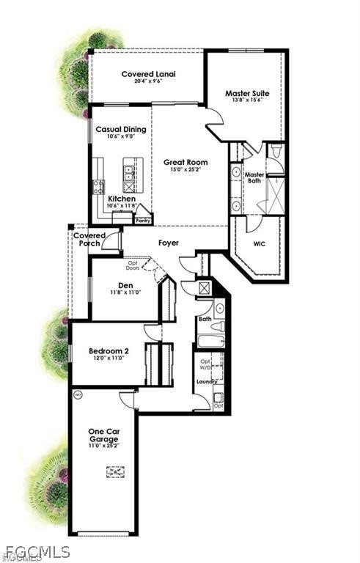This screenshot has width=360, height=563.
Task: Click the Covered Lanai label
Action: (x=146, y=74)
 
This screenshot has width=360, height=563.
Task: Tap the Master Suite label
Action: (x=246, y=94)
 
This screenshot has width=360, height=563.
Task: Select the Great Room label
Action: (x=185, y=162)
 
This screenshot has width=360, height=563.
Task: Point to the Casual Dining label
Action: (x=121, y=129)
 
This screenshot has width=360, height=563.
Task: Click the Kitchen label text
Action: (x=121, y=199)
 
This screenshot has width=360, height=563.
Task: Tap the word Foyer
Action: (x=169, y=243)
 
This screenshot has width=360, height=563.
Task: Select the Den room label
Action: (x=125, y=285)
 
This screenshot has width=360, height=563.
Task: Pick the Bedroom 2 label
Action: (x=109, y=351)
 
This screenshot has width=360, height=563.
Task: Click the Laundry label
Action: (x=207, y=382)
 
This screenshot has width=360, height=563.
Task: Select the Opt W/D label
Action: (x=206, y=364)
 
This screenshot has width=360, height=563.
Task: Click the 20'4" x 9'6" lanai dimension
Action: (x=146, y=82)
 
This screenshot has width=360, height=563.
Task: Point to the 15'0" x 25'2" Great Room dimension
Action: (x=185, y=170)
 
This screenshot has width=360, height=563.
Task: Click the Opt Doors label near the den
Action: (x=133, y=265)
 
